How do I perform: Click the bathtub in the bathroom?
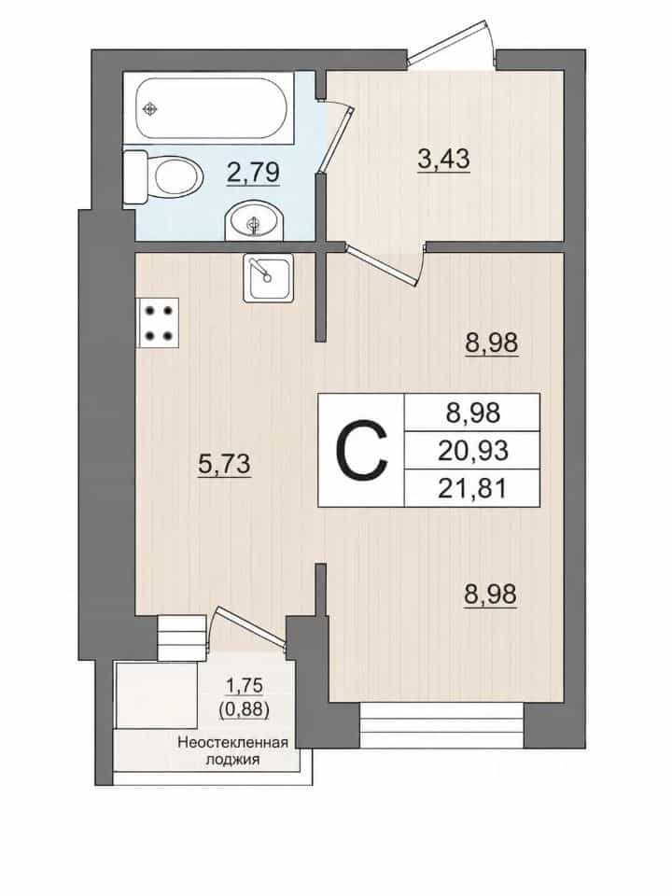coord(211,107)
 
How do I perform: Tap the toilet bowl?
coord(163,176)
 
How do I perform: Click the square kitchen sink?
coord(268,277)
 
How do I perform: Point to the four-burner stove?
coord(157,323)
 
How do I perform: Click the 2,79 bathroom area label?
coord(253,173)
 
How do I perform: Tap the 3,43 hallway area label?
coord(444,159)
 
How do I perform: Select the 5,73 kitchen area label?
coord(224,464)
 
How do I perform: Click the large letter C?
coord(362,450)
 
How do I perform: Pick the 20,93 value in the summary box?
coord(473,451)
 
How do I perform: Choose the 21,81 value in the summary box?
coord(472,488)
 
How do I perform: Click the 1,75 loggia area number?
coord(244,684)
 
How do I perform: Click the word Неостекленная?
coord(232,743)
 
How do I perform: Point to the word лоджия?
coord(232,760)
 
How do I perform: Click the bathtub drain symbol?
coord(149,108)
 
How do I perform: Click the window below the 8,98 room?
coord(441,726)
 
